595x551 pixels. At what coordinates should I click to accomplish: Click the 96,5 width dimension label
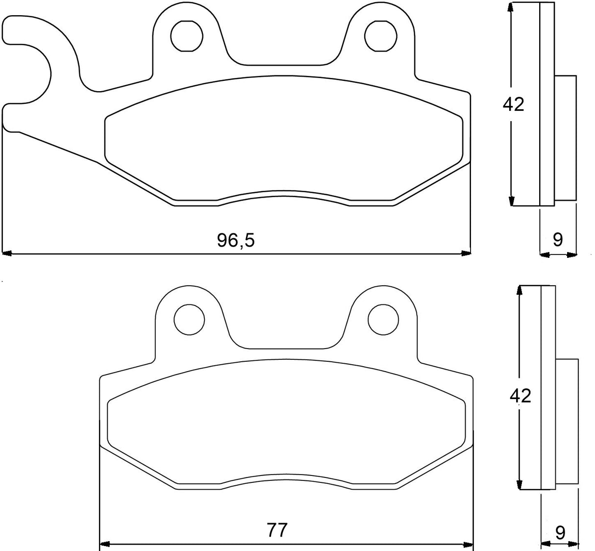(236, 240)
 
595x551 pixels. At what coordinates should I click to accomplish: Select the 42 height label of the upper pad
(513, 104)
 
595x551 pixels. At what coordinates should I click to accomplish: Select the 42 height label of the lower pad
(520, 395)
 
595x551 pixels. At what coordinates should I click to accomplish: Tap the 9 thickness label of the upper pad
(558, 240)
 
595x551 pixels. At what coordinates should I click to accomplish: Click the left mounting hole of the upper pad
(187, 35)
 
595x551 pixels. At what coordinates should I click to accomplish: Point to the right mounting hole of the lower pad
(383, 319)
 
